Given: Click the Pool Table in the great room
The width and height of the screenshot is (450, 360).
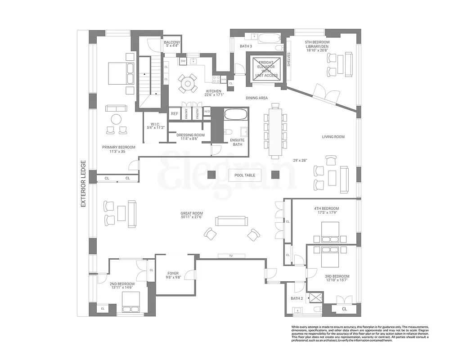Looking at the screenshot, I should [245, 175].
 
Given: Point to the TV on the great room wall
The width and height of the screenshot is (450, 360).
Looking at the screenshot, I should [230, 256].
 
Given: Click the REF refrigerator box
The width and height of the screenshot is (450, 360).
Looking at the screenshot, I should [175, 114].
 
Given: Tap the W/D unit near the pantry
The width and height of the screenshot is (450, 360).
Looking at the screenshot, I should [207, 111].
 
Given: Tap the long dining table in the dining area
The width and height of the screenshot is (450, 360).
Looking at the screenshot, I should [275, 130].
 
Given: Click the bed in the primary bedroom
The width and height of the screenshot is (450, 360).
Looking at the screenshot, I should [121, 72].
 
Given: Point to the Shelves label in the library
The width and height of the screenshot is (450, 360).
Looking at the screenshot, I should [289, 60].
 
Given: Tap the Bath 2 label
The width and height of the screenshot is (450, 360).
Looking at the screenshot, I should [297, 298].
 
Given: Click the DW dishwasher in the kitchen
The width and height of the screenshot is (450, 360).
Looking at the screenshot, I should [183, 61].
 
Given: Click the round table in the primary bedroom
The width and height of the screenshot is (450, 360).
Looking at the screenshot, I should [117, 120].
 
